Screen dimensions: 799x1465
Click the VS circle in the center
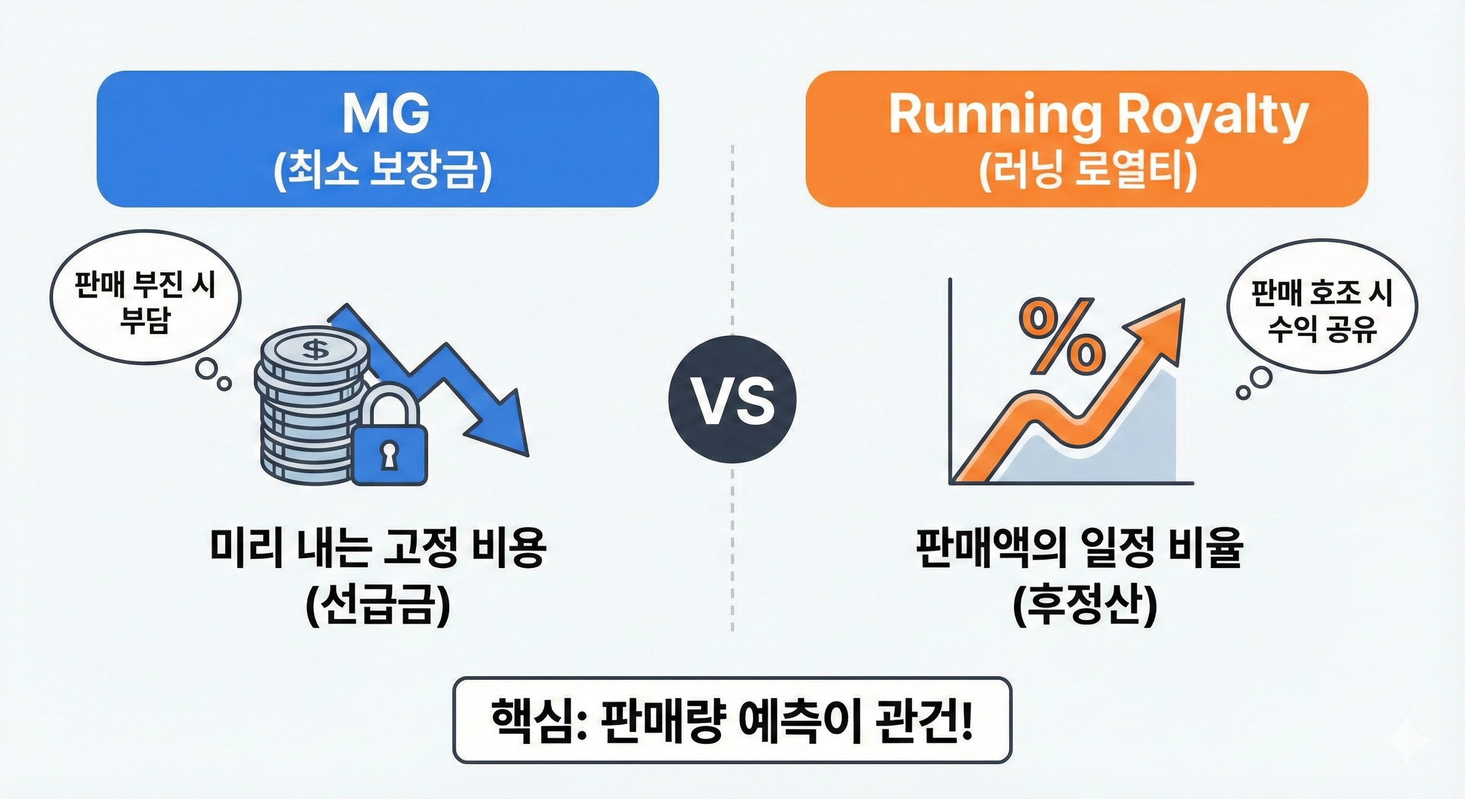(x=732, y=401)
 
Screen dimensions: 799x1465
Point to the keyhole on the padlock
(x=389, y=454)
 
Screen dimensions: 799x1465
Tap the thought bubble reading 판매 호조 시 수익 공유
(x=1322, y=312)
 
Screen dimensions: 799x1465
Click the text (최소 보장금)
(x=382, y=171)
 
